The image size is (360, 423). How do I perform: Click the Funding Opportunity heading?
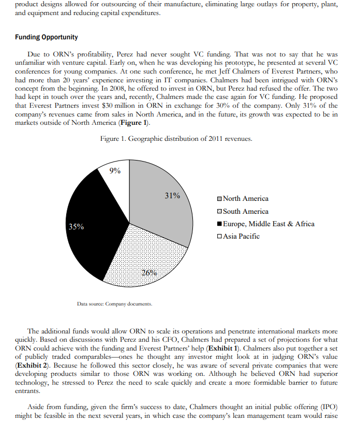pyautogui.click(x=47, y=37)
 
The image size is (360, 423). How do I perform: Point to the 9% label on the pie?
pyautogui.click(x=116, y=171)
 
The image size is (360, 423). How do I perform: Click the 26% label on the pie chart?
pyautogui.click(x=149, y=273)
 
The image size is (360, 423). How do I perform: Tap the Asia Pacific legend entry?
pyautogui.click(x=237, y=236)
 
